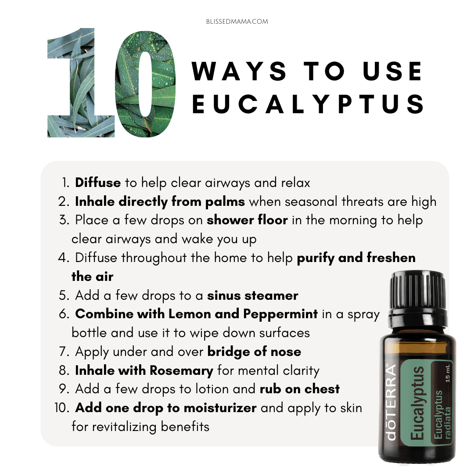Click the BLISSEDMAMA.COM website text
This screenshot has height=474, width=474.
(237, 22)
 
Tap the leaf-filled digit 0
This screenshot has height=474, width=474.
(145, 84)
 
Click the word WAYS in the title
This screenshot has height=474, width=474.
(239, 72)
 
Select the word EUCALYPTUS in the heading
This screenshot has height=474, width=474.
(308, 104)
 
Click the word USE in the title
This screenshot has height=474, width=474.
(392, 72)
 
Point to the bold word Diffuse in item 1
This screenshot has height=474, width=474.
(98, 183)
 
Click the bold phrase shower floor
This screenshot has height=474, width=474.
(247, 220)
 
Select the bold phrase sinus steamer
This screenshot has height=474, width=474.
(252, 296)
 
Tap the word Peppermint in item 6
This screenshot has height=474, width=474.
(280, 314)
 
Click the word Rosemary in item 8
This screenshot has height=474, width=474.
(181, 371)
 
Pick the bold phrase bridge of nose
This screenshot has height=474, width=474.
(254, 352)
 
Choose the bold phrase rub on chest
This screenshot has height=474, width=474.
(300, 389)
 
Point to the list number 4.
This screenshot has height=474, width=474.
(64, 258)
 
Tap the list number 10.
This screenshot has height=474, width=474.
(62, 408)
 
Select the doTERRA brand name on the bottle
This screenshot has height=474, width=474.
(391, 402)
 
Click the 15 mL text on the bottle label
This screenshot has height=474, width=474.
(447, 373)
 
